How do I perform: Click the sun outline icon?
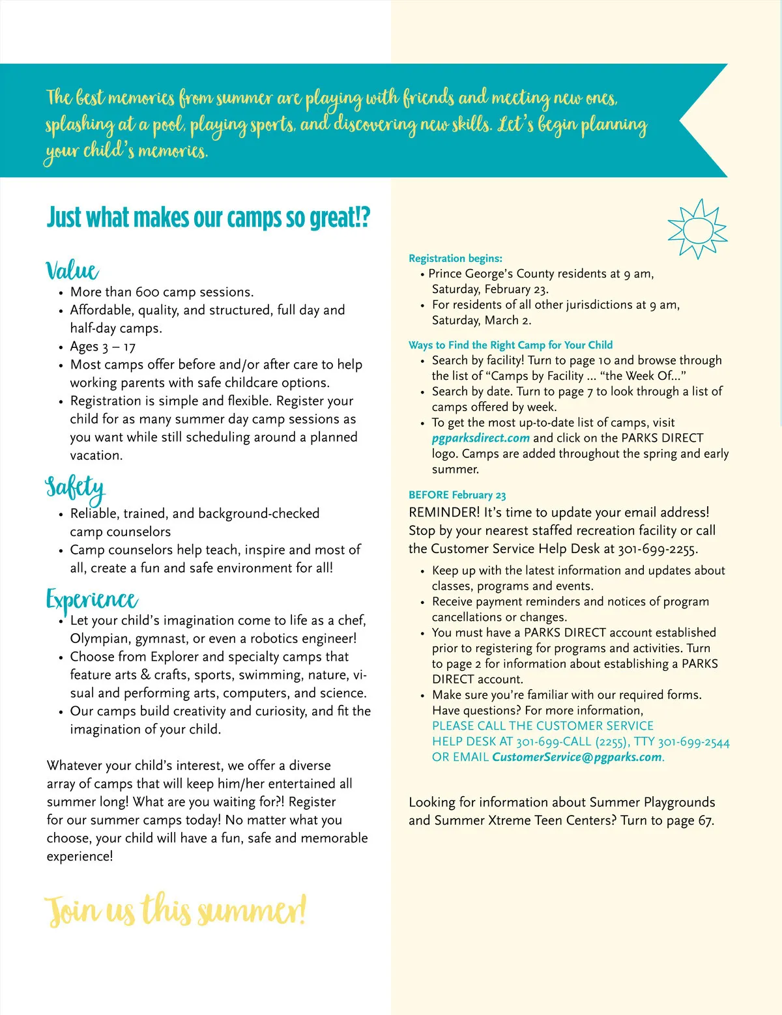tap(697, 229)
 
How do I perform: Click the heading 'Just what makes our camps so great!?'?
tap(209, 218)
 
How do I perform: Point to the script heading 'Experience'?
tap(91, 599)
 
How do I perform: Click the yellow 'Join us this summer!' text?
tap(175, 910)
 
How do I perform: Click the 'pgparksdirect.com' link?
tap(480, 438)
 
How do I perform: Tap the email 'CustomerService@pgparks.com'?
tap(577, 757)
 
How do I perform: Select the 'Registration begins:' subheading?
tap(456, 258)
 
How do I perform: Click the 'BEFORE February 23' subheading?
tap(457, 495)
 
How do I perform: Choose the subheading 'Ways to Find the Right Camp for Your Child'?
tap(510, 345)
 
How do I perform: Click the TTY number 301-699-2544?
tap(693, 742)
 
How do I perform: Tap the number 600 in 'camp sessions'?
tap(147, 292)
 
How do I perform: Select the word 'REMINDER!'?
tap(444, 513)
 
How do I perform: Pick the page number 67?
tap(705, 820)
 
